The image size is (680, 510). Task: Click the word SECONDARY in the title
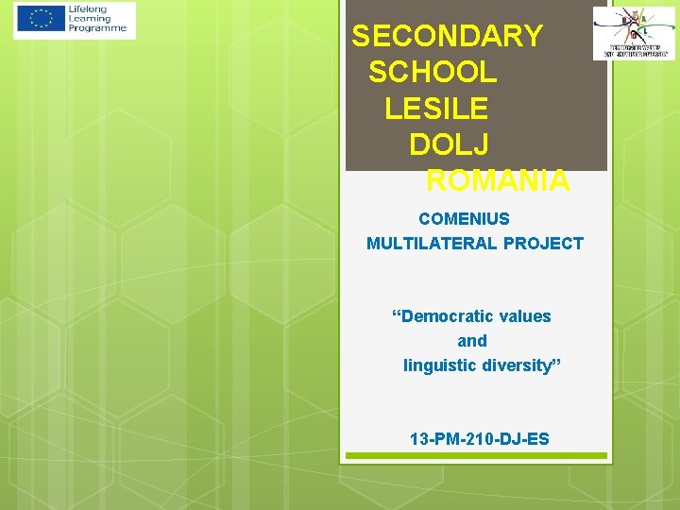coord(447,36)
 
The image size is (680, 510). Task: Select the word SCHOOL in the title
coord(433,72)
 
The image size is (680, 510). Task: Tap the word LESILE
coord(436,108)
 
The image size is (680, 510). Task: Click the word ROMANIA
coord(498,179)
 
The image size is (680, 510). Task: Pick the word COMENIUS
coord(464,219)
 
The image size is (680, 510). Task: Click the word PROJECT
coord(543,244)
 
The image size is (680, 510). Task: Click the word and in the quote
coord(472,341)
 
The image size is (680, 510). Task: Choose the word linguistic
coord(441,365)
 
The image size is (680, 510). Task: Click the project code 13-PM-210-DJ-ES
coord(479,439)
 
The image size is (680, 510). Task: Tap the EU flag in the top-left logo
coord(41,19)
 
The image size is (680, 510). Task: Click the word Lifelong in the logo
coord(90,9)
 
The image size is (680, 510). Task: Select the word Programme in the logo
coord(96,28)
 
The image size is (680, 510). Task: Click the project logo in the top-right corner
coord(634,33)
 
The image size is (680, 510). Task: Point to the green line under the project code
coord(476,455)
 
